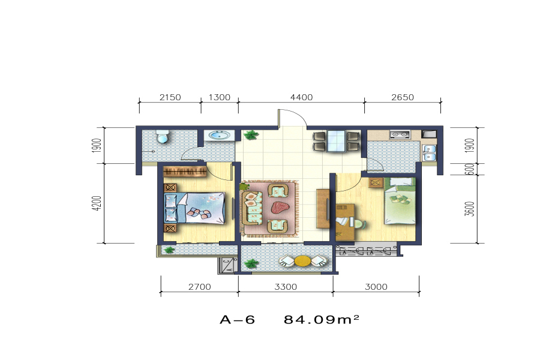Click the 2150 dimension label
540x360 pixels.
coord(170,97)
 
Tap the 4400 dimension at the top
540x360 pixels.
coord(301,97)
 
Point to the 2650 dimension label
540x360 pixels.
coord(402,97)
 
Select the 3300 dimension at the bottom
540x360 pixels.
coord(286,287)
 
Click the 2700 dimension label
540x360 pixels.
coord(199,287)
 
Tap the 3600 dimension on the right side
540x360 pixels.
coord(469,209)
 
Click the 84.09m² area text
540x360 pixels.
coord(322,319)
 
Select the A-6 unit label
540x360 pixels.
coord(237,320)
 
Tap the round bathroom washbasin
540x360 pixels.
coord(218,135)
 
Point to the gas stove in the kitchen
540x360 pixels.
coord(400,134)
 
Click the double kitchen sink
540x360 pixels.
coord(429,152)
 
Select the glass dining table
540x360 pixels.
coord(336,141)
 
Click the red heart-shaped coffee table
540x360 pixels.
coord(280,208)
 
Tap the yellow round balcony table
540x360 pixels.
coord(303,261)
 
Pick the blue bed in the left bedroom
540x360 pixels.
coord(194,208)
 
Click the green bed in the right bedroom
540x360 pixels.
coord(400,200)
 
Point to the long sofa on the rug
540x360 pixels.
coord(253,208)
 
